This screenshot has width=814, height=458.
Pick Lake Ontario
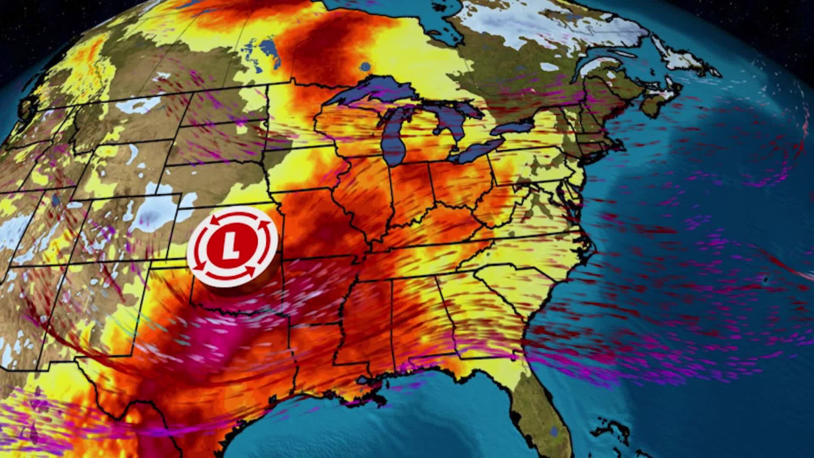point(515,125)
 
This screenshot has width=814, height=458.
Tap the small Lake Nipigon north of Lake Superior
point(365,67)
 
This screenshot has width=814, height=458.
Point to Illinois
point(365,187)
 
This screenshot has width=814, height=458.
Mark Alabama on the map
point(420,314)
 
